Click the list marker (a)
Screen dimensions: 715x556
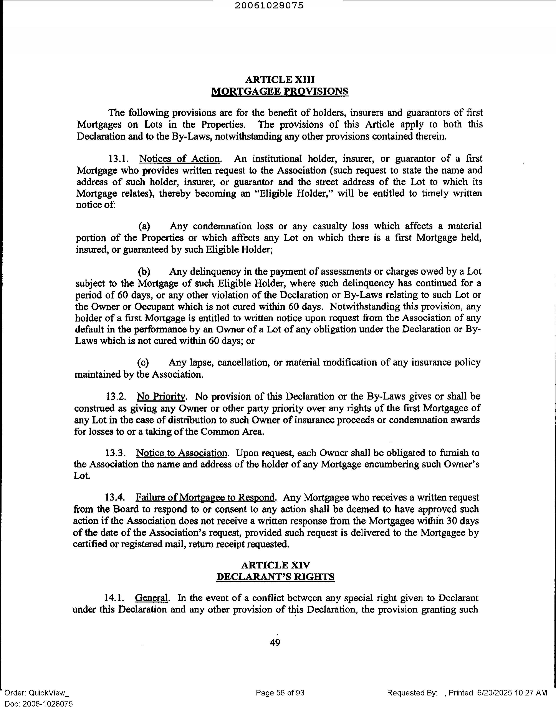coord(144,226)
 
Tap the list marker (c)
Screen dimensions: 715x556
coord(143,362)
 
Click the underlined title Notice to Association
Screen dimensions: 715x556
coord(182,453)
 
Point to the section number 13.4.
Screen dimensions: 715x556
coord(115,498)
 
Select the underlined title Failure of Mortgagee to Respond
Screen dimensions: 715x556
coord(205,498)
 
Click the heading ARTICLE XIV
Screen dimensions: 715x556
coord(276,565)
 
